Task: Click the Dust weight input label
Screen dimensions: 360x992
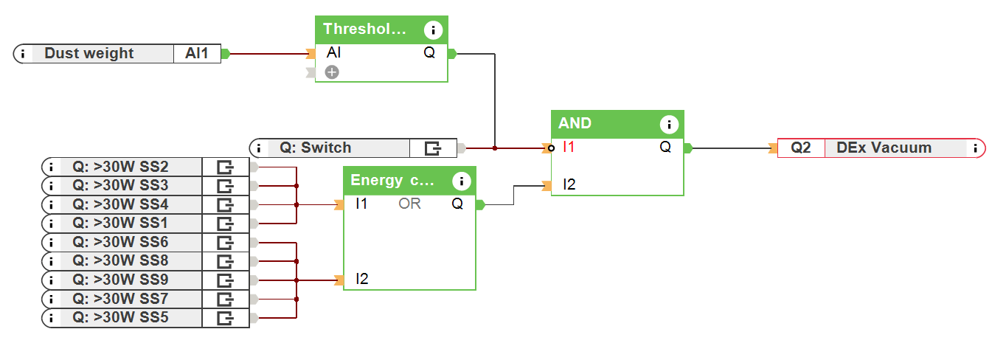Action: [89, 53]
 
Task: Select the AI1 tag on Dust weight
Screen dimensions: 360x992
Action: [197, 53]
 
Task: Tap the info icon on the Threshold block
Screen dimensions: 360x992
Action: [434, 30]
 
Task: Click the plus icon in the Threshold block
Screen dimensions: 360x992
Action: [332, 72]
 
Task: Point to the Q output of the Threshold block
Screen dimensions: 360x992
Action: [429, 53]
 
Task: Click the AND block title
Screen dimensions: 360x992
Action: [575, 123]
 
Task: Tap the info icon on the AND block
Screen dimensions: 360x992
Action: [669, 124]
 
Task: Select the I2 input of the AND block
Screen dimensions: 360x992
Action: [569, 184]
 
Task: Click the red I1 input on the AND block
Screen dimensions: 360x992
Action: [568, 147]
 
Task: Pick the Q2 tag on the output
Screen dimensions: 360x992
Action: [801, 148]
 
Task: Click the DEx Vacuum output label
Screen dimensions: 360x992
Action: [884, 148]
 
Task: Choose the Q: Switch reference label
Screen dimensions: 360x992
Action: [315, 148]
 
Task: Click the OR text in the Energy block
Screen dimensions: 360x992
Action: [409, 204]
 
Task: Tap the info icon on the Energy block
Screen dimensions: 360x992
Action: [462, 181]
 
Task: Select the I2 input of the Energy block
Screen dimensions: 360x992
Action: [361, 279]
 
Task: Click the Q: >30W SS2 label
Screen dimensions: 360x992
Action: [120, 166]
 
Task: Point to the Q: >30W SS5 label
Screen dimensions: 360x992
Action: [120, 318]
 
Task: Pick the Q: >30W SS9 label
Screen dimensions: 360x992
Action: [120, 280]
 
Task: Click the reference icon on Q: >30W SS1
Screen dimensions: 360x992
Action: [224, 223]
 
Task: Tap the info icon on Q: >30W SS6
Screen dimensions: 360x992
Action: [52, 242]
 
